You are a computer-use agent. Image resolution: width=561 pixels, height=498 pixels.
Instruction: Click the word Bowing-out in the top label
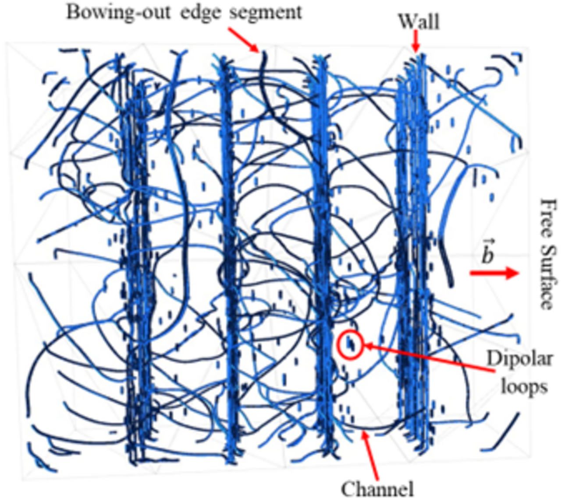coord(118,13)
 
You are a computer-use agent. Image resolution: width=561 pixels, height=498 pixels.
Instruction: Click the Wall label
coord(419,21)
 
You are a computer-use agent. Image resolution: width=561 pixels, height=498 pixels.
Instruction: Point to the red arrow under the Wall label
coord(415,41)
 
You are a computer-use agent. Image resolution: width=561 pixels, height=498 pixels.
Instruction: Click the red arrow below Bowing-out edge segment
coord(243,39)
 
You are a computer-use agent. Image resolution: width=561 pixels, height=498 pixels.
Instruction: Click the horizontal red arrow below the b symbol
coord(494,273)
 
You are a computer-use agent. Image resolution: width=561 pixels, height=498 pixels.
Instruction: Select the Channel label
coord(377,487)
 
